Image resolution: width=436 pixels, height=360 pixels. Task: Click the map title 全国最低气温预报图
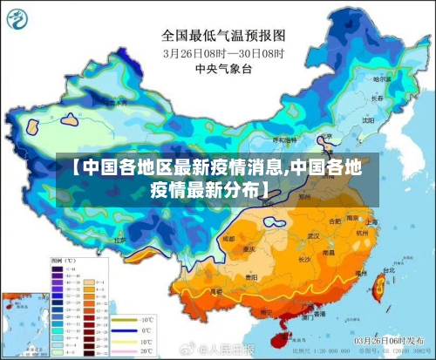tap(223, 36)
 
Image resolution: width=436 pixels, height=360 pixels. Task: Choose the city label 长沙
tap(305, 259)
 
